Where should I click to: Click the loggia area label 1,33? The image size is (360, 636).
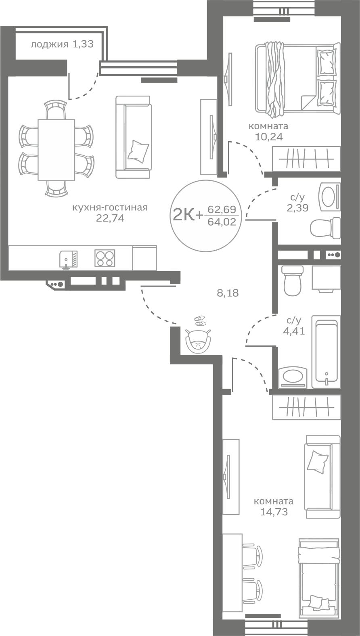pyautogui.click(x=83, y=44)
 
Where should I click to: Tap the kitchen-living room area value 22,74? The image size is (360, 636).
pyautogui.click(x=110, y=218)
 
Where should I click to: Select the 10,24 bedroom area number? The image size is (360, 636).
pyautogui.click(x=269, y=137)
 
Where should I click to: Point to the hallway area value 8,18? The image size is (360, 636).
pyautogui.click(x=228, y=293)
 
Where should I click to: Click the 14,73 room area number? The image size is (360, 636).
pyautogui.click(x=274, y=512)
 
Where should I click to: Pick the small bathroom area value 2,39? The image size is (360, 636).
pyautogui.click(x=297, y=208)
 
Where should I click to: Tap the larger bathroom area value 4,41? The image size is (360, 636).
pyautogui.click(x=294, y=331)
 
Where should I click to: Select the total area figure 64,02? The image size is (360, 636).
pyautogui.click(x=222, y=222)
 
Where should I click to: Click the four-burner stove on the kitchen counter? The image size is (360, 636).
pyautogui.click(x=105, y=258)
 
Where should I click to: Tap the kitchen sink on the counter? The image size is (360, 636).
pyautogui.click(x=69, y=259)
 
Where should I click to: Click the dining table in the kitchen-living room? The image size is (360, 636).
pyautogui.click(x=56, y=150)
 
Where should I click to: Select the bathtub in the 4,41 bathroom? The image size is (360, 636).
pyautogui.click(x=326, y=351)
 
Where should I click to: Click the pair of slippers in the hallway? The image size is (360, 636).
pyautogui.click(x=200, y=320)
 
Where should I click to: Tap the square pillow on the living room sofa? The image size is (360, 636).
pyautogui.click(x=138, y=151)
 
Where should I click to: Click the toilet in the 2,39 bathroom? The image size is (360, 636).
pyautogui.click(x=325, y=227)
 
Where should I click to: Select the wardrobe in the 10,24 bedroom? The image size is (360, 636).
pyautogui.click(x=306, y=159)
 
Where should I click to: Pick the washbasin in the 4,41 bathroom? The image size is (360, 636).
pyautogui.click(x=293, y=377)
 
